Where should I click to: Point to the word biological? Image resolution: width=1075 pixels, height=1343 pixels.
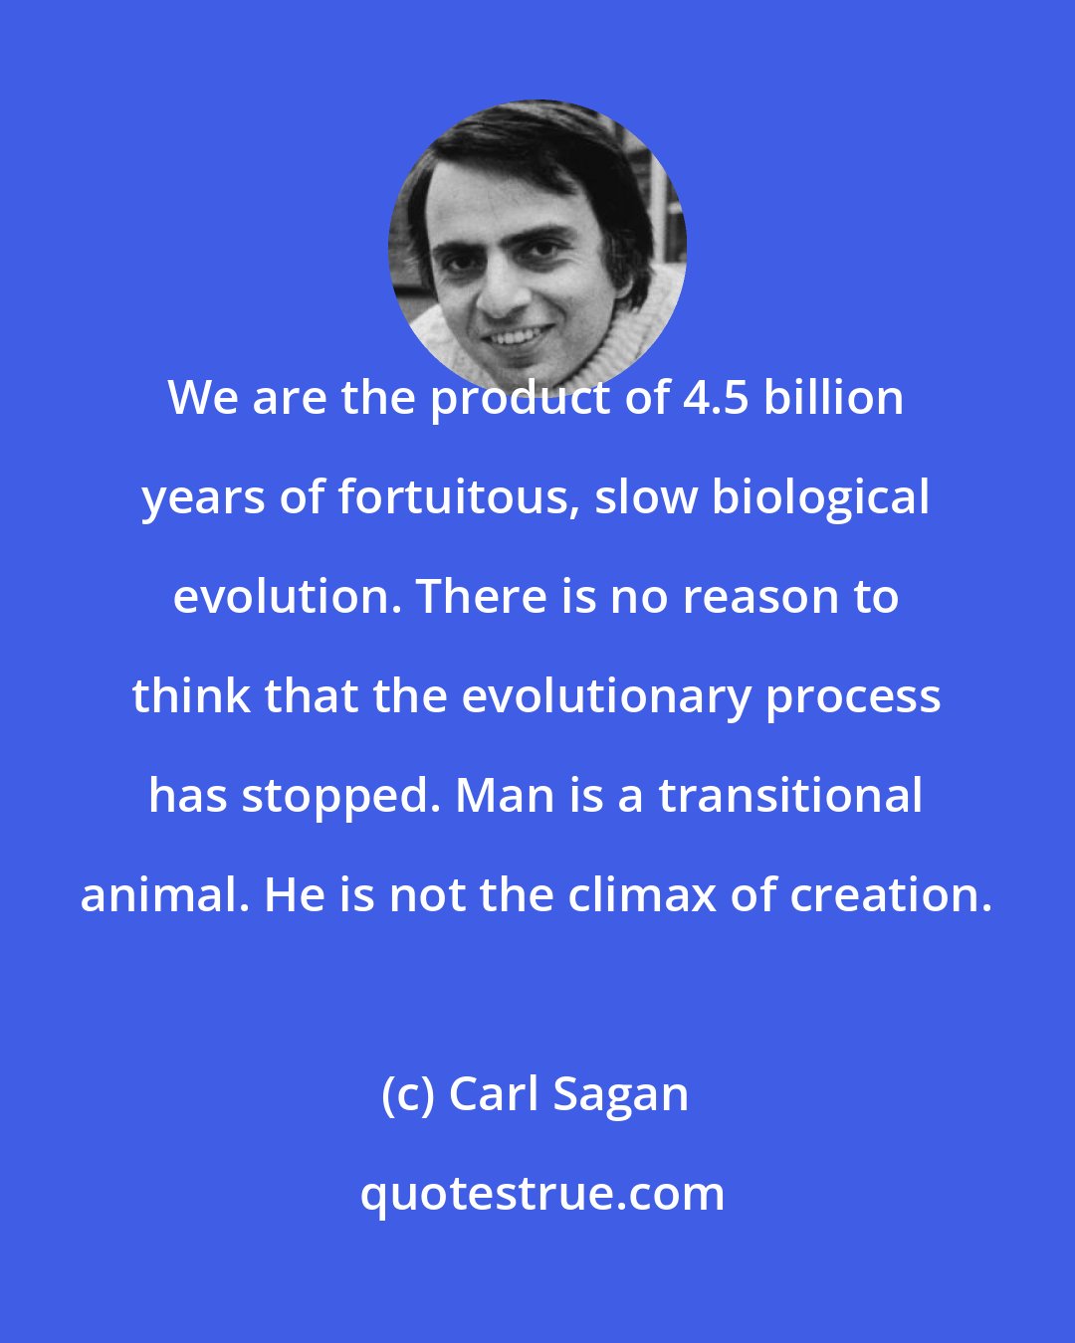coord(819,500)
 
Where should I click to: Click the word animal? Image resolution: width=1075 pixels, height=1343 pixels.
coord(165,895)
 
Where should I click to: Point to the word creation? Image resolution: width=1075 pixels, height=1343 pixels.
coord(892,897)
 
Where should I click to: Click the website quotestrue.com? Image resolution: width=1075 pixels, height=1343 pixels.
coord(542,1196)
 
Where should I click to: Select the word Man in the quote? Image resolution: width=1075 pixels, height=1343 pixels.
coord(505,798)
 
